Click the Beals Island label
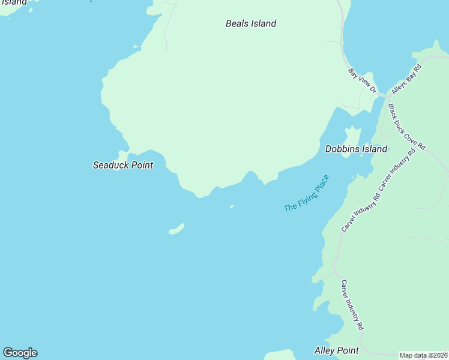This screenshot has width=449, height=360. [250, 24]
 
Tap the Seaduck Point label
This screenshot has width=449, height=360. [122, 165]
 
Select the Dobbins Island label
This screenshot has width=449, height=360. [356, 149]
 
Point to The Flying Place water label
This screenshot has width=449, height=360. [306, 193]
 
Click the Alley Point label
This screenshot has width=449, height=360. [336, 350]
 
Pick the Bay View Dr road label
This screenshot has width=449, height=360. [362, 81]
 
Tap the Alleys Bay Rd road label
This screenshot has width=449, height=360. [407, 79]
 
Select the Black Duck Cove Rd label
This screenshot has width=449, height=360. [406, 127]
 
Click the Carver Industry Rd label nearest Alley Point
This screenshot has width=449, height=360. [352, 305]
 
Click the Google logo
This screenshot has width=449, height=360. [20, 353]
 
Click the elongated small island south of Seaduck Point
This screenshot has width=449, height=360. [176, 229]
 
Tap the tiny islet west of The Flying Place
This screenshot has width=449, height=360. [231, 208]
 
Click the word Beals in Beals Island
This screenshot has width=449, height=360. [237, 24]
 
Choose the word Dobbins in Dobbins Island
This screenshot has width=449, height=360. [343, 149]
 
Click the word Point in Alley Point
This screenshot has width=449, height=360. [348, 350]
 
